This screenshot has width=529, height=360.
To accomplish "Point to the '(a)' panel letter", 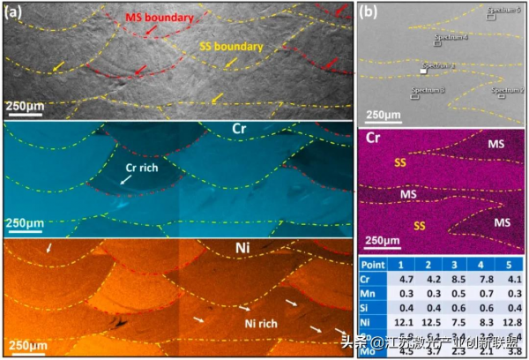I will tap(17, 13).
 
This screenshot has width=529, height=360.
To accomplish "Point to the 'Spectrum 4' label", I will tap(451, 38).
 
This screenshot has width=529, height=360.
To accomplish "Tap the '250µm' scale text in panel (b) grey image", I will tap(384, 115).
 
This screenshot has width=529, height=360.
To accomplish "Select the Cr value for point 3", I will tap(451, 278).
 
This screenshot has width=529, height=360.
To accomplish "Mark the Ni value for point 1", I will tap(399, 325).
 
